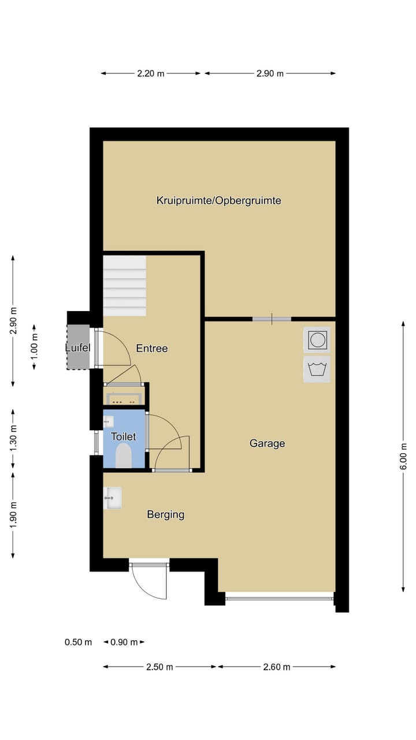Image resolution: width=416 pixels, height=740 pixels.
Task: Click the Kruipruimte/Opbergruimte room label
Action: click(218, 201)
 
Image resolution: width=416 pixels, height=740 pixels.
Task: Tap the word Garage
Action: click(267, 443)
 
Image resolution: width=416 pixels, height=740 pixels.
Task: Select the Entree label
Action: click(151, 348)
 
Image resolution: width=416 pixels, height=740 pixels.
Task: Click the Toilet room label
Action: click(123, 436)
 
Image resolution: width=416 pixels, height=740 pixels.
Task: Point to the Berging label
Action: click(165, 514)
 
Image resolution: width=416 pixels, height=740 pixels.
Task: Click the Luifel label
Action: click(77, 347)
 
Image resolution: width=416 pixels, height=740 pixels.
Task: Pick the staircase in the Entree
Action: click(124, 286)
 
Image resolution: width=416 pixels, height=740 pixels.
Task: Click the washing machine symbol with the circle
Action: click(317, 340)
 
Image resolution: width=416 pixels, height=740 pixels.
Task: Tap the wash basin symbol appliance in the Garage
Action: click(317, 369)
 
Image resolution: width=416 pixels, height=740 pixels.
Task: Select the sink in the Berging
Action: click(112, 498)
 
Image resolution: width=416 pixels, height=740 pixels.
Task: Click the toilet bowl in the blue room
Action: click(124, 457)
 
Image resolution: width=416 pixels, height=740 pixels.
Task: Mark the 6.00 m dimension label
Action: click(403, 456)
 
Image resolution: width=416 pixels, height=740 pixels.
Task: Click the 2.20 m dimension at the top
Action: click(151, 73)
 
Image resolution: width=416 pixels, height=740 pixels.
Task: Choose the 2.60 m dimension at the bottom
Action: click(276, 667)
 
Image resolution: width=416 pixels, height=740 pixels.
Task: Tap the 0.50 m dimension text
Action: click(78, 642)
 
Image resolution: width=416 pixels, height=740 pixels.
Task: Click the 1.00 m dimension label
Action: click(35, 347)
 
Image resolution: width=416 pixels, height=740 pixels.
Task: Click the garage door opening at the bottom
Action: click(280, 598)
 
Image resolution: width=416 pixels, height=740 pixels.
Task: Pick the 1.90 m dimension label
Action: click(13, 514)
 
